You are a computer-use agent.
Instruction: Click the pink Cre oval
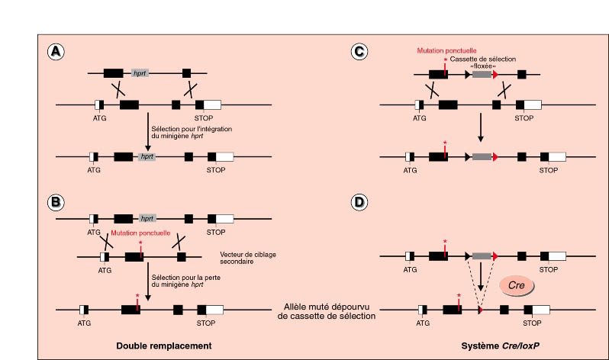click(514, 285)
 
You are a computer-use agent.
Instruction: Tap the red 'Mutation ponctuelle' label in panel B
click(140, 232)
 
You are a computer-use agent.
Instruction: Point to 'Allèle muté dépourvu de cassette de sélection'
click(325, 310)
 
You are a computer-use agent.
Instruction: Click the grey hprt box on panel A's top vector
click(140, 73)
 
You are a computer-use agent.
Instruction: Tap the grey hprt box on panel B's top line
click(147, 217)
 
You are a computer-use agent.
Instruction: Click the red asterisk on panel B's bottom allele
click(137, 295)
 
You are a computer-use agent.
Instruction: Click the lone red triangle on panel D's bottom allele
click(479, 310)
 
